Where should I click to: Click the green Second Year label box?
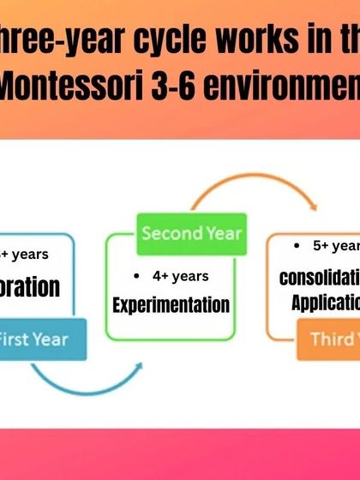(193, 233)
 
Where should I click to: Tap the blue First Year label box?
(33, 339)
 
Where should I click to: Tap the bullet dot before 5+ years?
(296, 245)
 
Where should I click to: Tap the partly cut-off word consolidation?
(319, 279)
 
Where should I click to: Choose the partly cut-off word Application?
(325, 303)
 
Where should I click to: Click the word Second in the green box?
(170, 233)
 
